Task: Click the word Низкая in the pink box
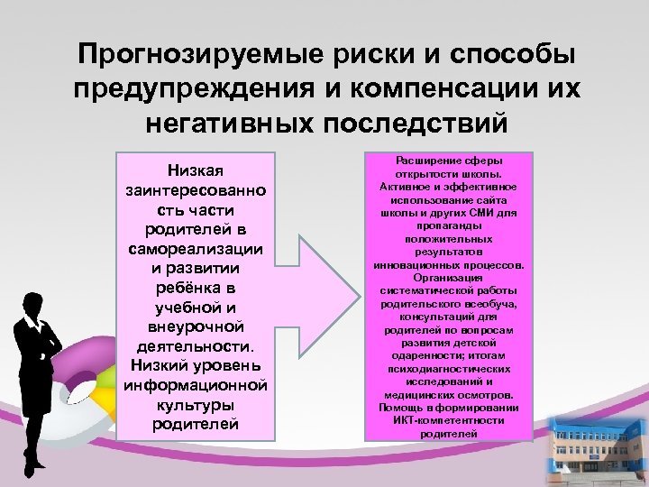click(195, 170)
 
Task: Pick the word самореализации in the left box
click(195, 247)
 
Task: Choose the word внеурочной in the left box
click(195, 326)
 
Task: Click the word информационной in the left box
click(195, 385)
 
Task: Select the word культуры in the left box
click(195, 405)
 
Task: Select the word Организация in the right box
click(449, 278)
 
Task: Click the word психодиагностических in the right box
click(449, 369)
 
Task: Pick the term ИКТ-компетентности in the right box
click(449, 420)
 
